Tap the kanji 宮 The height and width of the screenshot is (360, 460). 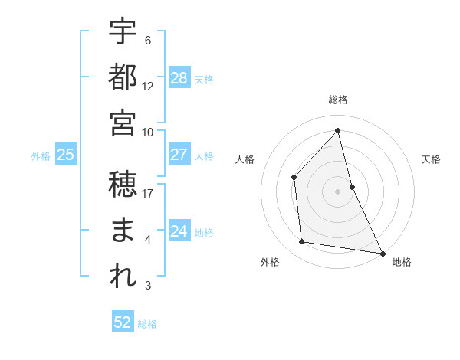click(123, 123)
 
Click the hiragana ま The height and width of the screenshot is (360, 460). click(123, 231)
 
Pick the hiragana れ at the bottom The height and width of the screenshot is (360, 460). click(123, 277)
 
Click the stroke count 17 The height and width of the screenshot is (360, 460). click(148, 194)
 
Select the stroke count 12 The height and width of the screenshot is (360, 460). click(148, 87)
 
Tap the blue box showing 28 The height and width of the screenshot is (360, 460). click(179, 77)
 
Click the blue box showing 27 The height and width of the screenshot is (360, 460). click(179, 155)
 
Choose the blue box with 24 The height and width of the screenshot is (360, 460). click(179, 231)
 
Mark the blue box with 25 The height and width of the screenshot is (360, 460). click(65, 155)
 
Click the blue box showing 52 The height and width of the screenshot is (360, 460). click(123, 322)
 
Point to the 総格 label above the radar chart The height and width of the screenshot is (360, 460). click(338, 100)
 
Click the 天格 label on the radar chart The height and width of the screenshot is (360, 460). click(431, 159)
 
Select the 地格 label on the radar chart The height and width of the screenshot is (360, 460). click(402, 262)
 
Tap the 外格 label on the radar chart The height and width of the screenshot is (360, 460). click(270, 262)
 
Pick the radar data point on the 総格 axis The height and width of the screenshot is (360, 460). click(338, 130)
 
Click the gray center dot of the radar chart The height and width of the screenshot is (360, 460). click(338, 191)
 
